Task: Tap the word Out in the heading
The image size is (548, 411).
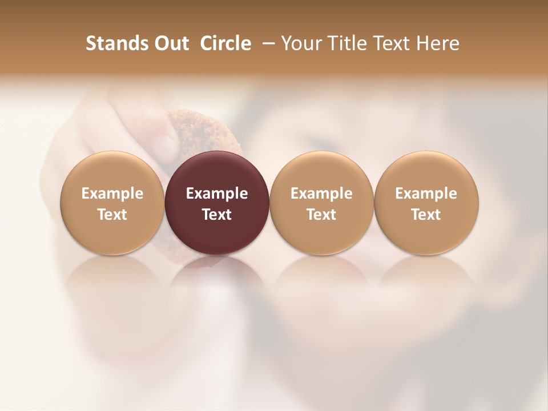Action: (x=170, y=43)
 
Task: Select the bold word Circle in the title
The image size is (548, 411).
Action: (x=225, y=43)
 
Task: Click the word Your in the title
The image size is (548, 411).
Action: (x=299, y=43)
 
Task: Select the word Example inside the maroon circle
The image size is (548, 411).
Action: (x=217, y=194)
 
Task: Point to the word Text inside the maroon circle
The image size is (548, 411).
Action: (x=217, y=215)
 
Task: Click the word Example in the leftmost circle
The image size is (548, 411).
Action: (x=112, y=194)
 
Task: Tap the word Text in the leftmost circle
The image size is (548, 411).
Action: (x=112, y=215)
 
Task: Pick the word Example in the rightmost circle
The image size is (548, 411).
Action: (x=426, y=194)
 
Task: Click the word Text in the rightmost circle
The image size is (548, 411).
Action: (x=426, y=215)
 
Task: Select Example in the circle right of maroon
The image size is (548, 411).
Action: (x=321, y=194)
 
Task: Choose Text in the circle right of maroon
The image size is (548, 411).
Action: (x=321, y=215)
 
